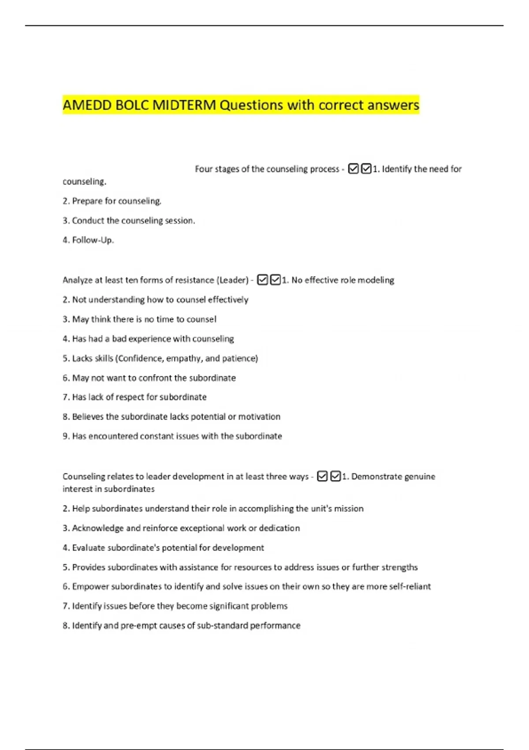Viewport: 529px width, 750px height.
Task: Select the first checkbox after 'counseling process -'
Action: [x=353, y=169]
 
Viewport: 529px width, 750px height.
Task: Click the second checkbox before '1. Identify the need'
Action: [x=366, y=169]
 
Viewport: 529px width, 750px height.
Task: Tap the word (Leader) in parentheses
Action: [x=232, y=280]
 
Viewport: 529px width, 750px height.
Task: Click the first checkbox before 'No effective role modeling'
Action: [x=262, y=280]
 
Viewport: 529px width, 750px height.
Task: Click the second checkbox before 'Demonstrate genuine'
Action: [x=335, y=476]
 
